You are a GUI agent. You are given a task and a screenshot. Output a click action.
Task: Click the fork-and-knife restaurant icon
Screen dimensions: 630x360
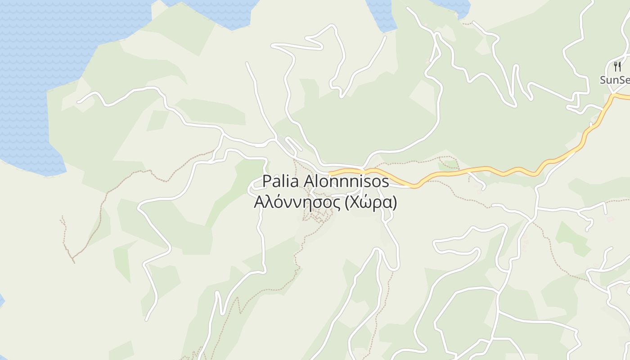click(x=617, y=67)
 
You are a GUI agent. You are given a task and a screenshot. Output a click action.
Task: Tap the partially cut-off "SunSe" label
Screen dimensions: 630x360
click(x=615, y=80)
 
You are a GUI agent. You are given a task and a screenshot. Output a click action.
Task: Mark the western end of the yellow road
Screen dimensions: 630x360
click(x=330, y=172)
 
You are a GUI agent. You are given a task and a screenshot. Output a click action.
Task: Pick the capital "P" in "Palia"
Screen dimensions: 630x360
click(x=266, y=181)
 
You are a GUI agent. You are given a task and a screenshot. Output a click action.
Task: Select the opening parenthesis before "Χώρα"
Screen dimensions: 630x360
click(x=346, y=203)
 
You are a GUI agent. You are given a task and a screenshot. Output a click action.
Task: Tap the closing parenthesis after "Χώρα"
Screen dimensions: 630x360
click(x=395, y=203)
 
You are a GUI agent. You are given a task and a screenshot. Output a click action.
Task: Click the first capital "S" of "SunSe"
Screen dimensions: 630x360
click(x=603, y=80)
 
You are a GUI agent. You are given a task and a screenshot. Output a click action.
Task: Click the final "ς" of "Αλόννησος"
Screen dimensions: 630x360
click(x=336, y=204)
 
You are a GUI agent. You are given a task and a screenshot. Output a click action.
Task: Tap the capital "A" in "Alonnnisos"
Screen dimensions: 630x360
click(x=309, y=181)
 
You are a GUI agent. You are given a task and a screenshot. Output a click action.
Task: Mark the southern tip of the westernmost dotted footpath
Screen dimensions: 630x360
click(x=74, y=262)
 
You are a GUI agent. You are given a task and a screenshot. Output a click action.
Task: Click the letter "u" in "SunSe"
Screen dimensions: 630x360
click(x=611, y=81)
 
